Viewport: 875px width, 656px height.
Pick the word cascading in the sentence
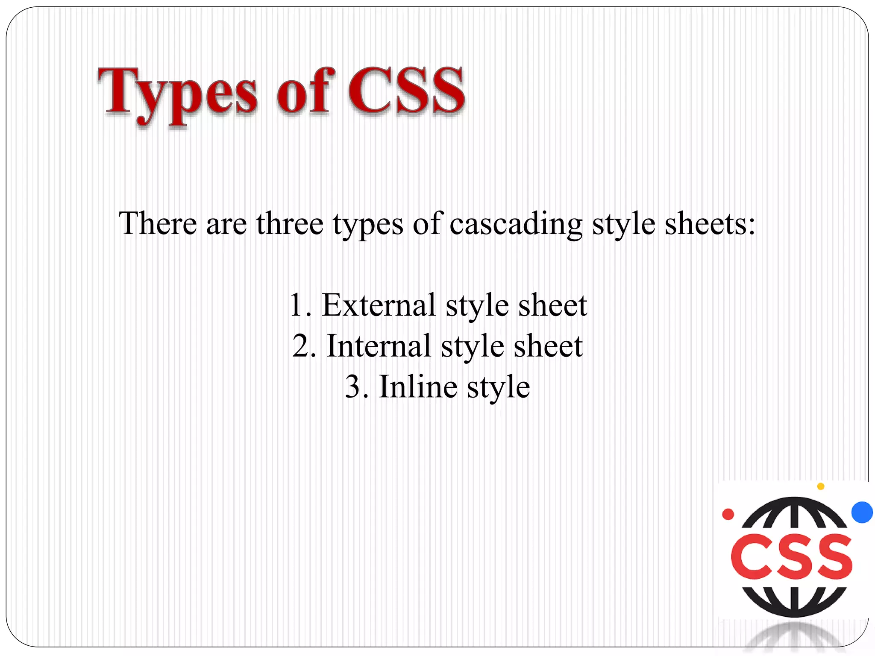pyautogui.click(x=516, y=224)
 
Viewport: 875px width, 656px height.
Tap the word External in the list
pyautogui.click(x=379, y=305)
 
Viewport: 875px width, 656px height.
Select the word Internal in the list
pyautogui.click(x=379, y=346)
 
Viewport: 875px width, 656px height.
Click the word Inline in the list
pyautogui.click(x=418, y=387)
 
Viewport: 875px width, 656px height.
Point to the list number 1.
pyautogui.click(x=298, y=306)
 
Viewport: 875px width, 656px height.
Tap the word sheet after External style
pyautogui.click(x=552, y=305)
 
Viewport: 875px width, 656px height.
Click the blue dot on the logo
pyautogui.click(x=862, y=512)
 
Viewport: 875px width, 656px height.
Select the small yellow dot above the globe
pyautogui.click(x=820, y=486)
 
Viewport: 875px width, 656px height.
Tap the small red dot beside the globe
pyautogui.click(x=728, y=514)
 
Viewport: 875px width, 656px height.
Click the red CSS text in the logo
pyautogui.click(x=792, y=557)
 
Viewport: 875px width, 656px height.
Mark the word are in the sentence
pyautogui.click(x=226, y=224)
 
